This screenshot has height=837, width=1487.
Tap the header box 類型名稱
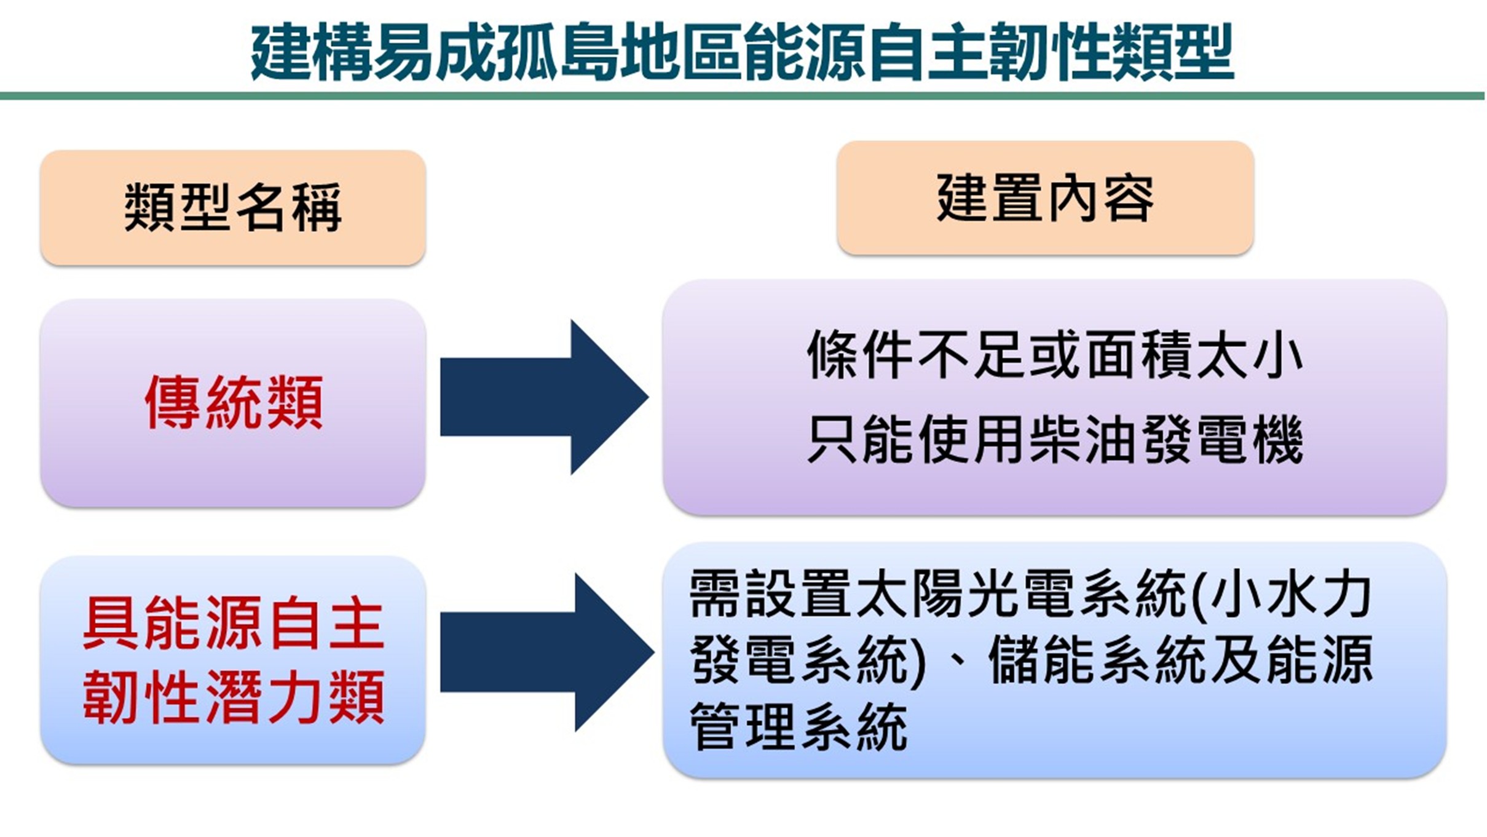tap(233, 208)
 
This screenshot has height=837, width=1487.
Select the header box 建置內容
tap(1045, 198)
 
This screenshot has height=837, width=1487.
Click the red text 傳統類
tap(234, 403)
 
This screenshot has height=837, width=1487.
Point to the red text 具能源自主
tap(234, 623)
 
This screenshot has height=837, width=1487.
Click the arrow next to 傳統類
tap(544, 397)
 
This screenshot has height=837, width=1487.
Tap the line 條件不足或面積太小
tap(1055, 355)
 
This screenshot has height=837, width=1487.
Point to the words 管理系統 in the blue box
tap(798, 726)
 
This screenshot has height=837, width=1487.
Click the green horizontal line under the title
tap(742, 96)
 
